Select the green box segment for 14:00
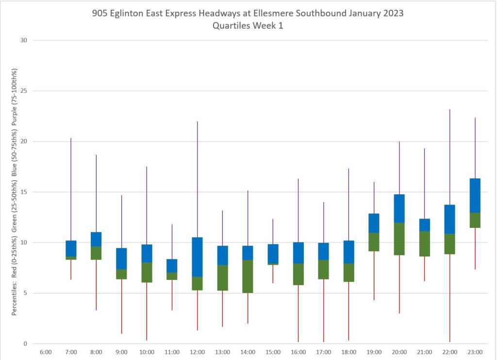[x=248, y=276]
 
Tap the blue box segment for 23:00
[x=475, y=195]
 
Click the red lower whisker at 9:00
[x=121, y=306]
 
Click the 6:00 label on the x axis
[x=46, y=352]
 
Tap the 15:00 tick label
[x=273, y=352]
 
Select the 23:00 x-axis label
[x=475, y=352]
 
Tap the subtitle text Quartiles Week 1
[x=248, y=26]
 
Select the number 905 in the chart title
[x=100, y=14]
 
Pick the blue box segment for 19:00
[x=374, y=223]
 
